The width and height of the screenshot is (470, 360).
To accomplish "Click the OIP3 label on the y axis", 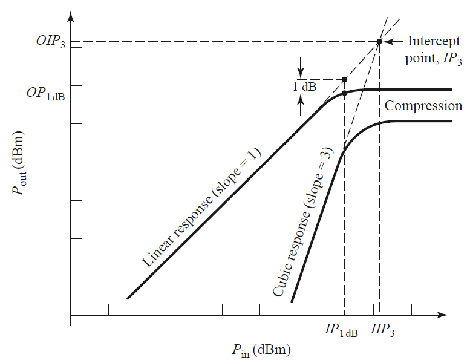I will click(48, 43).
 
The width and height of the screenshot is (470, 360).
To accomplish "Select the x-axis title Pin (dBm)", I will click(259, 349).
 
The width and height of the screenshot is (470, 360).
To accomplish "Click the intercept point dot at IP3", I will click(379, 42).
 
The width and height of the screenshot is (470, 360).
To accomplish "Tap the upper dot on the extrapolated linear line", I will click(344, 79).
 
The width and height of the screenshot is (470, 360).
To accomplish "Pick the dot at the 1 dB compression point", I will click(344, 93).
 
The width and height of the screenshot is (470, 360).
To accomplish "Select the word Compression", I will click(423, 106).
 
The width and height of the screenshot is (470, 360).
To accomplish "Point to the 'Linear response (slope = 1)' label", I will click(201, 208).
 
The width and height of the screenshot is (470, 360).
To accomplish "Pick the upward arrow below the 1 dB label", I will click(301, 106).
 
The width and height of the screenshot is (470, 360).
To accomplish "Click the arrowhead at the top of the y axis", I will click(71, 15).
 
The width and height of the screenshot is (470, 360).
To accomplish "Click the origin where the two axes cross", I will click(71, 315).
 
